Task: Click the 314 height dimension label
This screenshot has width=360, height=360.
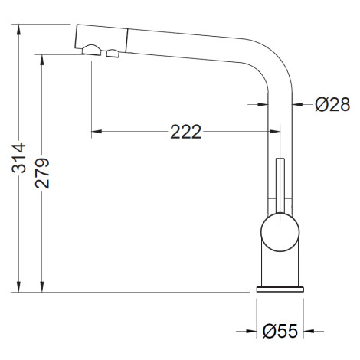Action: click(x=19, y=159)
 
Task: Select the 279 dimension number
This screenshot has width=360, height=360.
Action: click(x=42, y=173)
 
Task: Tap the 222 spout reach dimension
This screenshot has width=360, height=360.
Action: click(x=185, y=132)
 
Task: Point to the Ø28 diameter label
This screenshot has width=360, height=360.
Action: click(x=332, y=104)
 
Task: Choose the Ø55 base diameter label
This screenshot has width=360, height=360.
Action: click(x=280, y=331)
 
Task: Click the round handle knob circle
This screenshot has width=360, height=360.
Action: click(x=280, y=232)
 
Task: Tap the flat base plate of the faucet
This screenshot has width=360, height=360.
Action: click(x=280, y=290)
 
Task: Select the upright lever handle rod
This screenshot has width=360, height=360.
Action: click(x=280, y=186)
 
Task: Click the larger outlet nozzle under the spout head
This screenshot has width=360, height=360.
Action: click(x=92, y=50)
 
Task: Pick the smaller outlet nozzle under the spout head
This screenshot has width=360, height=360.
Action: click(x=113, y=54)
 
